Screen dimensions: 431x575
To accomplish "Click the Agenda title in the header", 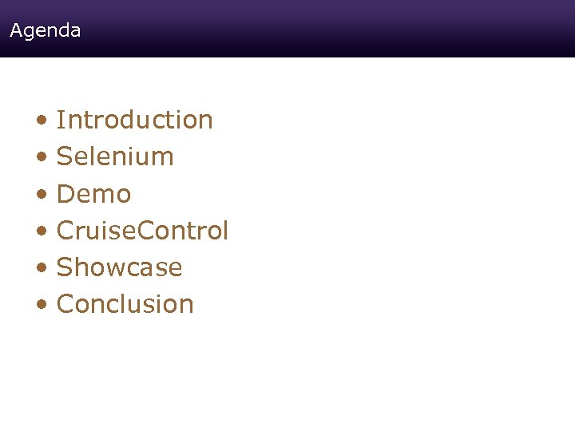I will point(46,31).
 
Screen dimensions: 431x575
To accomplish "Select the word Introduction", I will point(135,120).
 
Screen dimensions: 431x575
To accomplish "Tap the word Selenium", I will point(115,156).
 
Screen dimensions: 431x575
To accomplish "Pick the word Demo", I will point(94,194).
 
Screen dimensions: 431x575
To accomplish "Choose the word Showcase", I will point(120,267).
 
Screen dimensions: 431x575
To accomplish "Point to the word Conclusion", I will point(125,304).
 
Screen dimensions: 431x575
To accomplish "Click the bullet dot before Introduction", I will point(41,121).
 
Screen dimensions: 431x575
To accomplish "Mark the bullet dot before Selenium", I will point(41,158).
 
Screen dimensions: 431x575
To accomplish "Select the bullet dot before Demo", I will point(41,195).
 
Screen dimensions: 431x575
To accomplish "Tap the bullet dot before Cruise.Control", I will point(41,232).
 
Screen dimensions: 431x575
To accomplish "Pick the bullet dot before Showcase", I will point(41,269).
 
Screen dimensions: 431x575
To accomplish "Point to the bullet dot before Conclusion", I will point(41,306).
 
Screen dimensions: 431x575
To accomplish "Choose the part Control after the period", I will point(184,231).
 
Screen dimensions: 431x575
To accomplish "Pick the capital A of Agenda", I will point(16,31).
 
